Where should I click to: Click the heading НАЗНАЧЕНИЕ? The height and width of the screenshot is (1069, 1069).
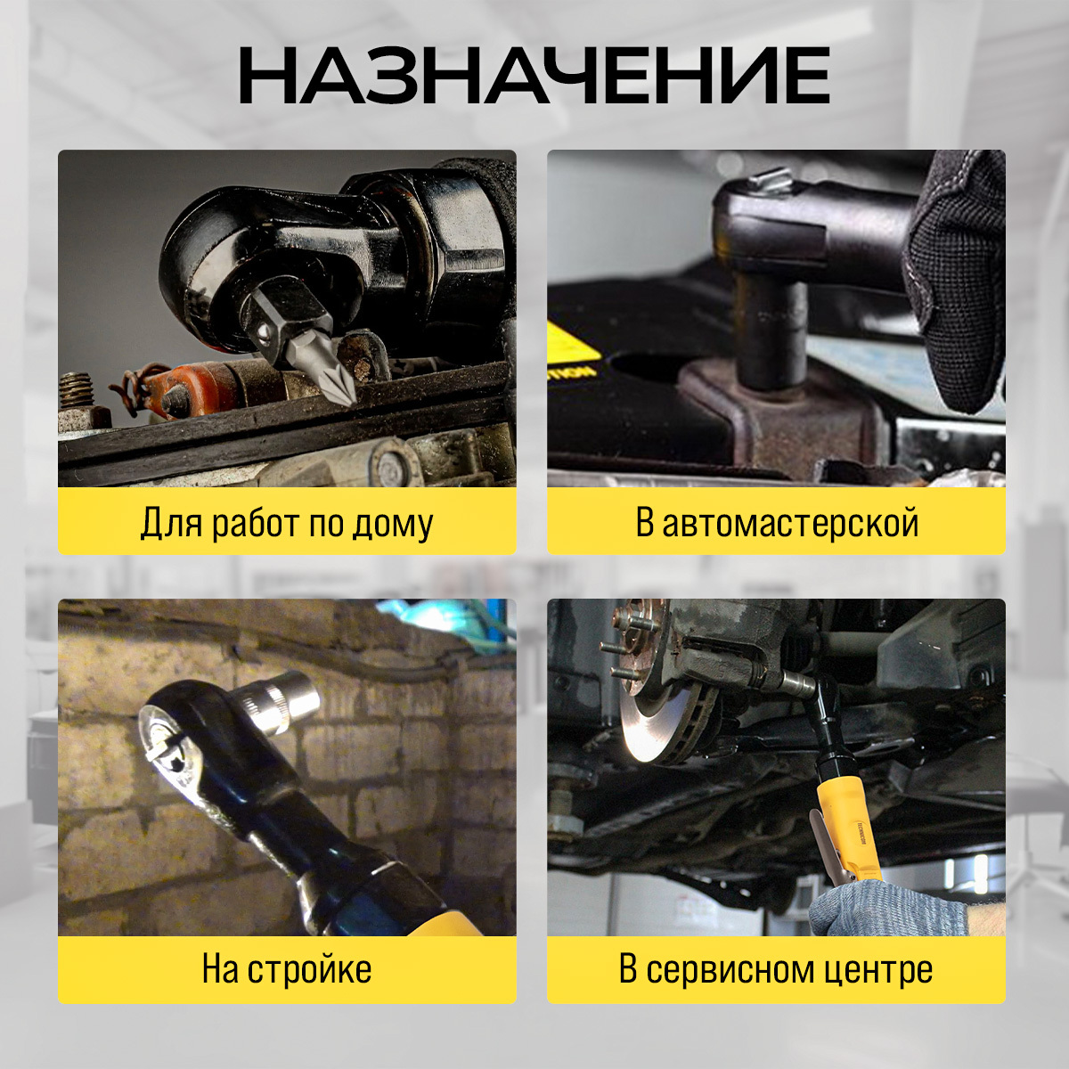click(x=534, y=76)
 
